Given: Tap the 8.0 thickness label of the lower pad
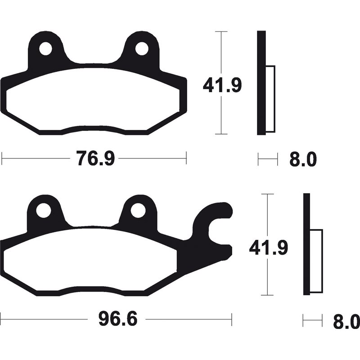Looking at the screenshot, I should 346,321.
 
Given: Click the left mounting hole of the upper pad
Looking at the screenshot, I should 46,49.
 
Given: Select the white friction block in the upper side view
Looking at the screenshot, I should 270,99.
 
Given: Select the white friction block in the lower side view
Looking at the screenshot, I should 317,261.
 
